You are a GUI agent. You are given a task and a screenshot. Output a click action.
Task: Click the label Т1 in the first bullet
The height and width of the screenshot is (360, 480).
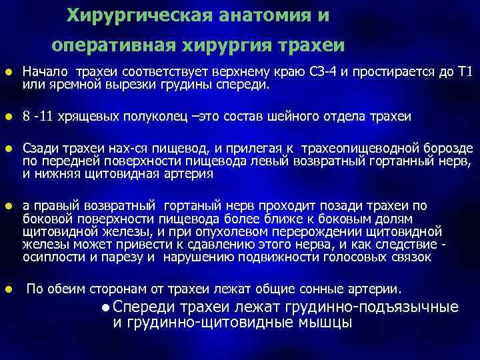[463, 72]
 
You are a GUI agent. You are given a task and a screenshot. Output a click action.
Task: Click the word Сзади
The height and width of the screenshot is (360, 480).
[39, 147]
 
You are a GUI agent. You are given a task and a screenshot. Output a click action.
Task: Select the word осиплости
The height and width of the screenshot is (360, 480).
[47, 257]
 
